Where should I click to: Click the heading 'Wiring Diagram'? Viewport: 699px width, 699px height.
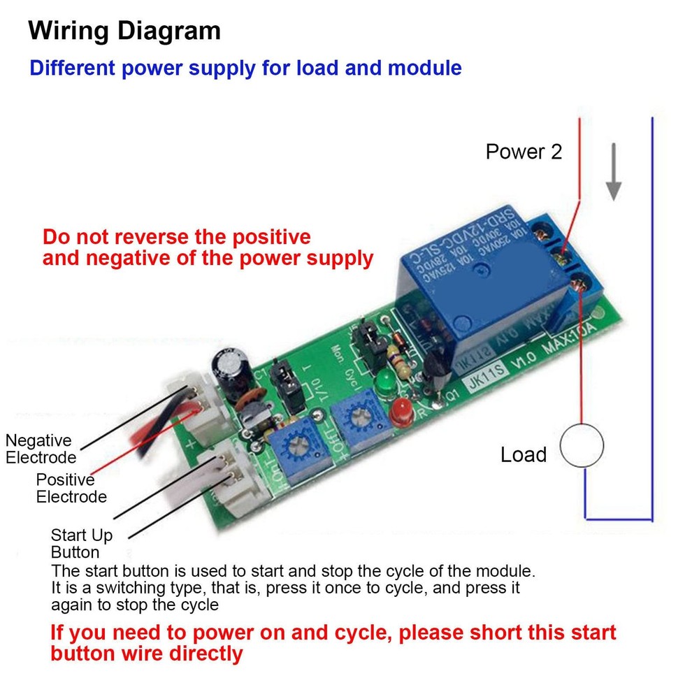tap(124, 31)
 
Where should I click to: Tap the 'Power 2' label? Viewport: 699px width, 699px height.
tap(524, 152)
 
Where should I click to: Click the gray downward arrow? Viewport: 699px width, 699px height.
tap(614, 172)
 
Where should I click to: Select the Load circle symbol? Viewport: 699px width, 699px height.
tap(582, 449)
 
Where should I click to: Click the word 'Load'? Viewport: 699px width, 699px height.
tap(523, 455)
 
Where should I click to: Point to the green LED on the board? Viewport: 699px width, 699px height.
tap(384, 383)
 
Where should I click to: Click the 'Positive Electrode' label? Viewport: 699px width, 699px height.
tap(71, 488)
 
